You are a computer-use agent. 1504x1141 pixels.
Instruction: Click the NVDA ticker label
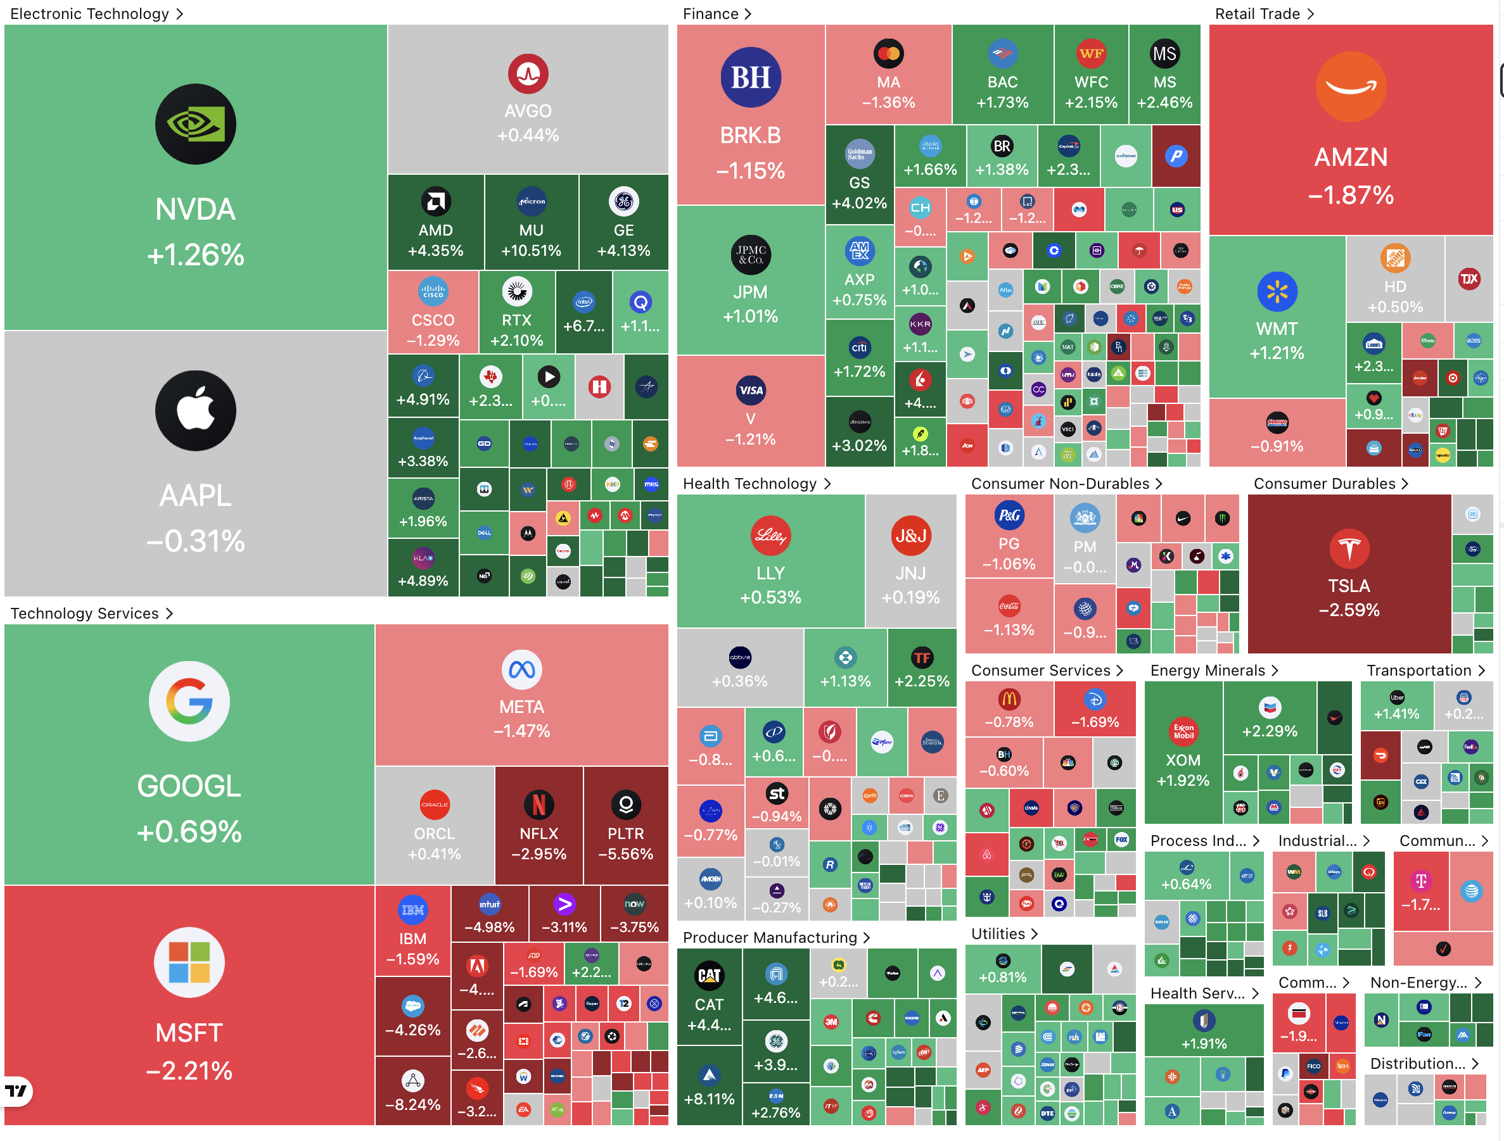(x=195, y=210)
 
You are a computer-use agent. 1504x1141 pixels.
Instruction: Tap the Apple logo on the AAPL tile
(x=195, y=410)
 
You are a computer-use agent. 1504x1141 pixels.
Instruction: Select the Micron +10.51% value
(x=531, y=251)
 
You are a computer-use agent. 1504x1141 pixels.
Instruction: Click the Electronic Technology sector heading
(x=90, y=13)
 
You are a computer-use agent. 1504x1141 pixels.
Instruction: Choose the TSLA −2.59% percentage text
(x=1349, y=610)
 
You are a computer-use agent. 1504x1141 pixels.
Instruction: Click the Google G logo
(x=189, y=701)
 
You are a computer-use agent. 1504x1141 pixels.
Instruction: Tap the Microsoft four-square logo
(x=189, y=962)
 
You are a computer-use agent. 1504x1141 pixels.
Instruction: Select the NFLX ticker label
(x=539, y=833)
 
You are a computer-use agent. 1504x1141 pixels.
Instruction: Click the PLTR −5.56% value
(x=625, y=854)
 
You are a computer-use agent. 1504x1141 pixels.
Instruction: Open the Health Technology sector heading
(x=749, y=483)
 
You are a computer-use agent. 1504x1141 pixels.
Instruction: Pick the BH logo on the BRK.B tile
(x=751, y=77)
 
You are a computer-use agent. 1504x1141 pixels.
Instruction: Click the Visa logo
(x=751, y=390)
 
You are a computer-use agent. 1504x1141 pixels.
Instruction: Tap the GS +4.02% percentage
(x=860, y=203)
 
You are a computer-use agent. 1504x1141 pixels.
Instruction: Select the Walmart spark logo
(x=1277, y=291)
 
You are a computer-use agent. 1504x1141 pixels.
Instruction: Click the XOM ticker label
(x=1183, y=760)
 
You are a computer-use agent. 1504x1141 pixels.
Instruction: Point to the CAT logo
(x=709, y=975)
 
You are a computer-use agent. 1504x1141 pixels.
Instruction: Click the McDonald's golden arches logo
(x=1009, y=698)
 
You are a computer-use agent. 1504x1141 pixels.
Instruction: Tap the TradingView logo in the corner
(x=16, y=1091)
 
